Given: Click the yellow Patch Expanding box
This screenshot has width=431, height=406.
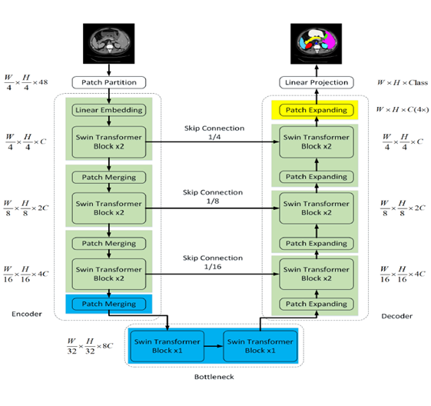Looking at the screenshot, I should [317, 110].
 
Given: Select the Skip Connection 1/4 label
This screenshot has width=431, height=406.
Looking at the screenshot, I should [214, 131].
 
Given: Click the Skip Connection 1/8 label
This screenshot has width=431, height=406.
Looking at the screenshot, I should [214, 197].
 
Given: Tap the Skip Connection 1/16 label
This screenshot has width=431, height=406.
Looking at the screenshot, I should [214, 262].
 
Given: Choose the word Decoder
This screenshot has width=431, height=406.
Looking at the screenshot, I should [397, 315].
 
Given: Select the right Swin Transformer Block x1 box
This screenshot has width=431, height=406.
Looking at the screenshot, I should [257, 346].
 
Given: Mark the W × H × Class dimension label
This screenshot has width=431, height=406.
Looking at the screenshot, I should [403, 82].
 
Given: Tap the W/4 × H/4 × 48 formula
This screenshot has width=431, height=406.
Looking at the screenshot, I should [26, 82].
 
